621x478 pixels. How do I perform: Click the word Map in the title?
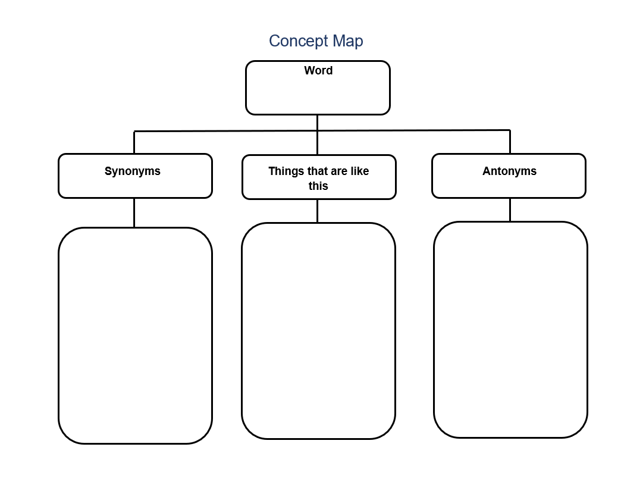pyautogui.click(x=348, y=41)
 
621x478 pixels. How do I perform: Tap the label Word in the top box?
pyautogui.click(x=318, y=71)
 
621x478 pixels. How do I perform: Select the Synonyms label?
pyautogui.click(x=132, y=171)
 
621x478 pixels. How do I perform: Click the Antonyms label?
pyautogui.click(x=509, y=171)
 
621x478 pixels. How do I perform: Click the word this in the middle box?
pyautogui.click(x=318, y=186)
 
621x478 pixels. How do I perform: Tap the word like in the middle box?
pyautogui.click(x=360, y=171)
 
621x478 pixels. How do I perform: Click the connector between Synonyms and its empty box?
pyautogui.click(x=134, y=213)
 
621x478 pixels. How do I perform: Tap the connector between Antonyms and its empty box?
pyautogui.click(x=510, y=210)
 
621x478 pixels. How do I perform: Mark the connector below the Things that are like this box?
pyautogui.click(x=317, y=211)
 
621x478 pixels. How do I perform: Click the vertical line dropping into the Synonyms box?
pyautogui.click(x=134, y=142)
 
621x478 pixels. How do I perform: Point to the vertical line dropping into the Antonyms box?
pyautogui.click(x=510, y=142)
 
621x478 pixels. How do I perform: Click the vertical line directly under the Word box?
pyautogui.click(x=317, y=135)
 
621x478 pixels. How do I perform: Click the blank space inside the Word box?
pyautogui.click(x=318, y=95)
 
